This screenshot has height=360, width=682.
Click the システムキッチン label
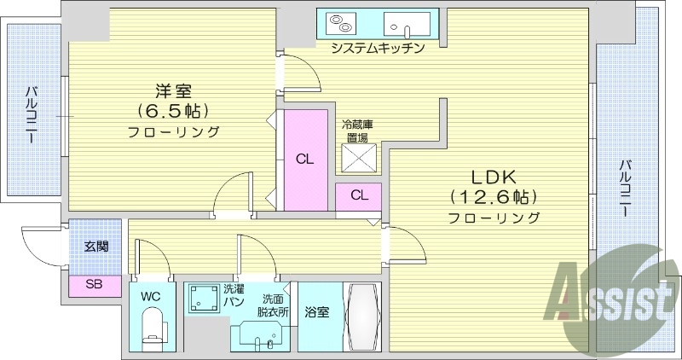(x=378, y=48)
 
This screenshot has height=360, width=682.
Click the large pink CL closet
(x=303, y=158)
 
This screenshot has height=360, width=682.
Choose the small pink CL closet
(x=359, y=195)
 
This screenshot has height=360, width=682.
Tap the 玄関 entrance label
(x=95, y=247)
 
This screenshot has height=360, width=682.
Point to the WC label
(x=151, y=296)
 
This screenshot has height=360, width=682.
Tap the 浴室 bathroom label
(x=318, y=311)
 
